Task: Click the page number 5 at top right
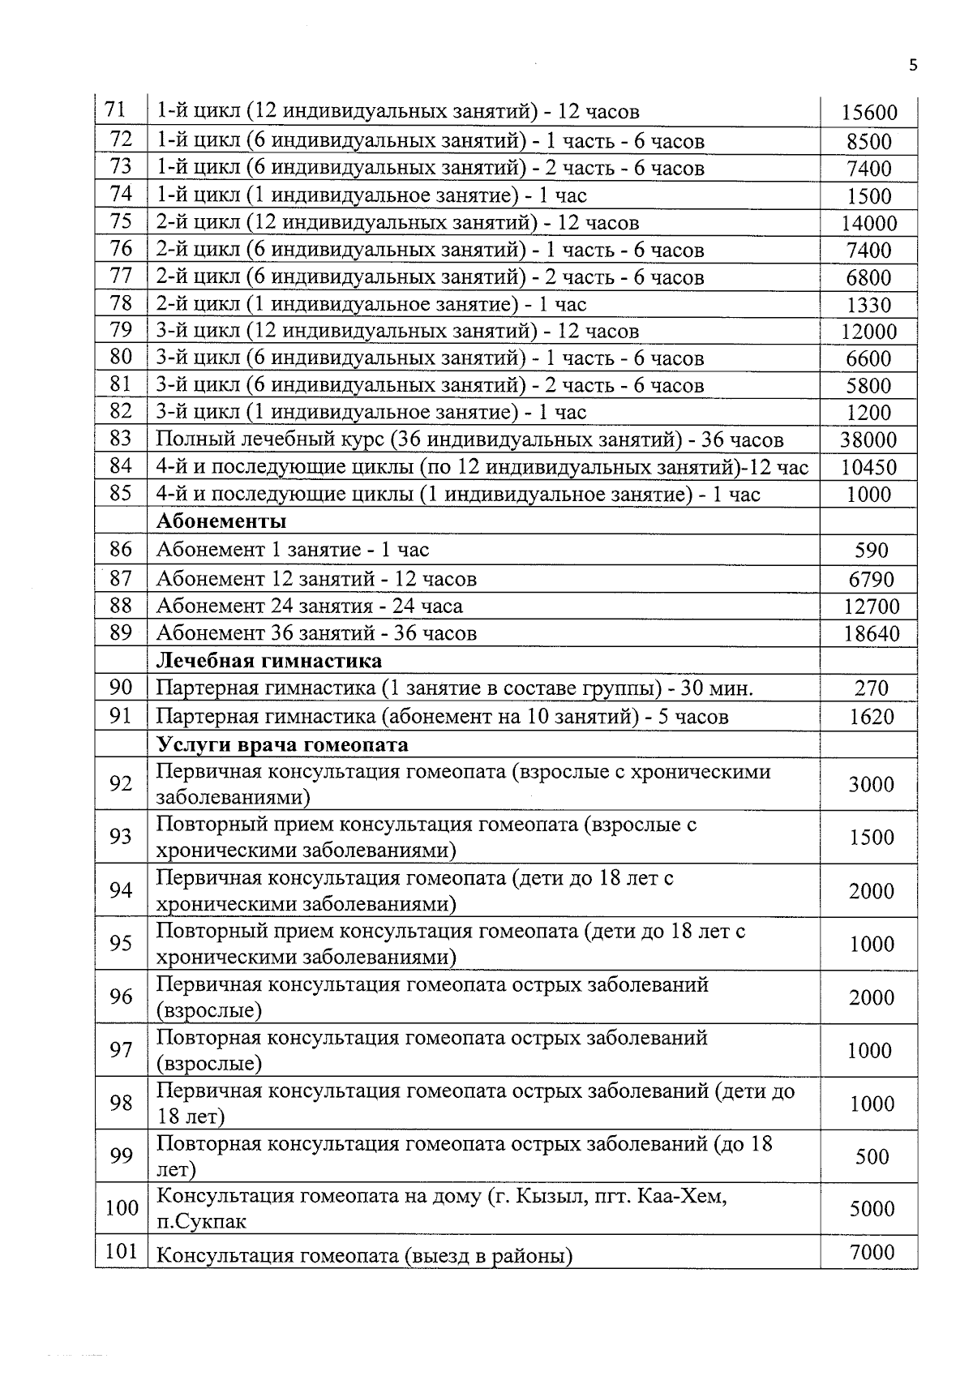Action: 913,66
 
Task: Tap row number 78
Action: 121,303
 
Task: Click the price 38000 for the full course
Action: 868,440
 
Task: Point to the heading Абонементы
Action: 221,521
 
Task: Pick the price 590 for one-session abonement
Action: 871,551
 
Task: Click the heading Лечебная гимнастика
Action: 268,661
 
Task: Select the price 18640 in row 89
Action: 871,634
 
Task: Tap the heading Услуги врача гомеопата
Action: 281,744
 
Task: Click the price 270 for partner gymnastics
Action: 871,688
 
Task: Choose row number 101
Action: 121,1251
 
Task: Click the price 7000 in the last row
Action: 872,1253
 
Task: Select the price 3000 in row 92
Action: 871,784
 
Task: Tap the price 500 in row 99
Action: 872,1157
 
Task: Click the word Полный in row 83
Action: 189,440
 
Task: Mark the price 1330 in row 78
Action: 868,306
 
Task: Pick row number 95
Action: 121,943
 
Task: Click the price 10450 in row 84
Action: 868,468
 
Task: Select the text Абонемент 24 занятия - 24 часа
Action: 309,607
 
